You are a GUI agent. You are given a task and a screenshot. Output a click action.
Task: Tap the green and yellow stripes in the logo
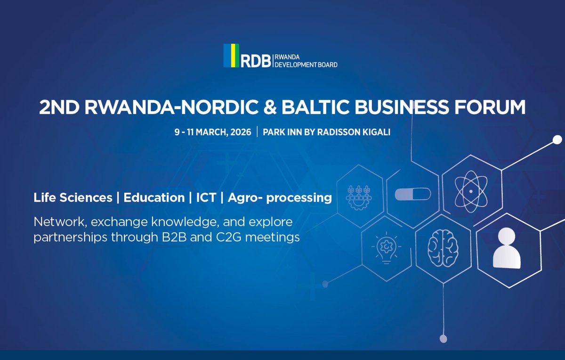click(x=231, y=56)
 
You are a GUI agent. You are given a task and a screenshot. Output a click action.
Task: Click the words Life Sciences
click(x=73, y=197)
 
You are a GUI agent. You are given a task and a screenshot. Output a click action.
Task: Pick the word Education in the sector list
click(x=154, y=197)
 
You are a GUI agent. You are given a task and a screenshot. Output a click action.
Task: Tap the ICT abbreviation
click(x=206, y=197)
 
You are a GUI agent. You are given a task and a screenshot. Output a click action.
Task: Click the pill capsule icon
click(x=413, y=194)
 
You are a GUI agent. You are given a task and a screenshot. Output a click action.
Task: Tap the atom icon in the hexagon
click(x=470, y=191)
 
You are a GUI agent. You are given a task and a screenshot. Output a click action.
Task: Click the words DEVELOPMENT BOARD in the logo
click(x=306, y=65)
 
